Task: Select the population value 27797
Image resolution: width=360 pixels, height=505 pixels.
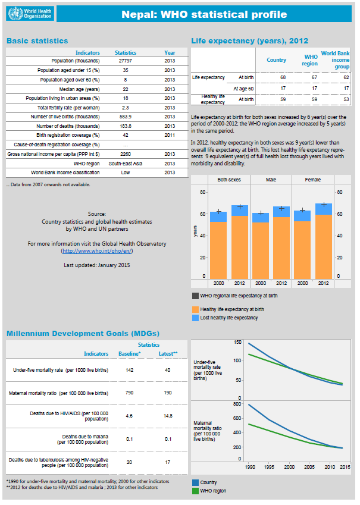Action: pyautogui.click(x=126, y=61)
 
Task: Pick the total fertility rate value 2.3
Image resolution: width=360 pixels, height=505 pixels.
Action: pyautogui.click(x=126, y=108)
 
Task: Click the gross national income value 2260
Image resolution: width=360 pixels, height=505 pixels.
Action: pyautogui.click(x=126, y=154)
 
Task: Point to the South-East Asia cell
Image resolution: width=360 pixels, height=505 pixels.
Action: pyautogui.click(x=126, y=163)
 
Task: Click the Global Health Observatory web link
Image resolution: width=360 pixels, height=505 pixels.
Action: pyautogui.click(x=97, y=252)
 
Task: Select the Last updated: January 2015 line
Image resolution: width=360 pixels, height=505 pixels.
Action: pyautogui.click(x=97, y=265)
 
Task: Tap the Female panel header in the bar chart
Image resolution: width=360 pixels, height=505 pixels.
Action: pyautogui.click(x=316, y=179)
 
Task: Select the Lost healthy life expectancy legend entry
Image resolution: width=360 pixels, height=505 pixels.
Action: pyautogui.click(x=229, y=318)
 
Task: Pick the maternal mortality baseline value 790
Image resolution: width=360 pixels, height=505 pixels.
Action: pyautogui.click(x=130, y=393)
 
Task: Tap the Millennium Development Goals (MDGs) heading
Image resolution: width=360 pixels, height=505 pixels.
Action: pyautogui.click(x=83, y=334)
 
